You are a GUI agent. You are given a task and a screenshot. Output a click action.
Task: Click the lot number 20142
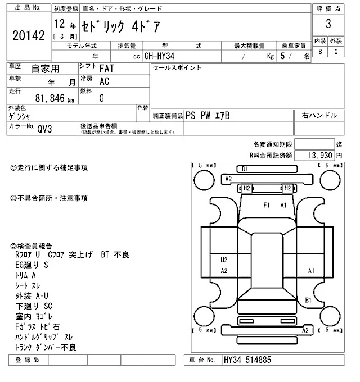pyautogui.click(x=28, y=36)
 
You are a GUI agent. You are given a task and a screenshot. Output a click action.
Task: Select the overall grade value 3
pyautogui.click(x=328, y=24)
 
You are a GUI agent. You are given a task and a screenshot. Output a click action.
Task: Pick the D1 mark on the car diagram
pyautogui.click(x=245, y=169)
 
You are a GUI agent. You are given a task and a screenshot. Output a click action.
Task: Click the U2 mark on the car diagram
pyautogui.click(x=224, y=260)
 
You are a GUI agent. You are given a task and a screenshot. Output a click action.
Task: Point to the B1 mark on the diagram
pyautogui.click(x=308, y=300)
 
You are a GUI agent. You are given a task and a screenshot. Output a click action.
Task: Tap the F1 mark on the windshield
pyautogui.click(x=267, y=205)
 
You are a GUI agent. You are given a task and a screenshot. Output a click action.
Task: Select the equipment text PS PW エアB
pyautogui.click(x=208, y=115)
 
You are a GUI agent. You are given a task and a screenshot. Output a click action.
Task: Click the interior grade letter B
pyautogui.click(x=321, y=52)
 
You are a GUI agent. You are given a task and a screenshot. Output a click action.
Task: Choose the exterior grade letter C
pyautogui.click(x=336, y=52)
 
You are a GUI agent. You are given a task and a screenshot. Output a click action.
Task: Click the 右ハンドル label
pyautogui.click(x=319, y=115)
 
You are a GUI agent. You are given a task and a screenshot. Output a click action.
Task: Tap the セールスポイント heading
pyautogui.click(x=177, y=68)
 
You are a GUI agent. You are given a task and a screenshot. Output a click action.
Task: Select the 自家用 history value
pyautogui.click(x=44, y=69)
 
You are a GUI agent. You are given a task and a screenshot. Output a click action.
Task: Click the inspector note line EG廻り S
pyautogui.click(x=32, y=265)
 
